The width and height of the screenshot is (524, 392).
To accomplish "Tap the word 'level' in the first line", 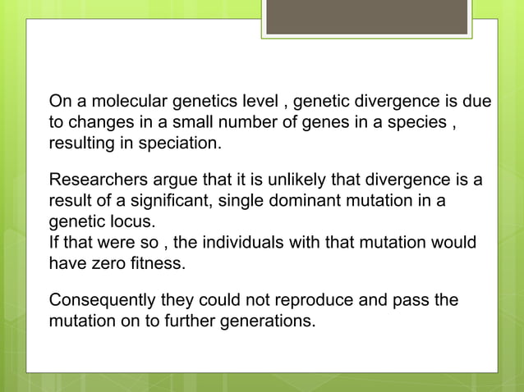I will [260, 103].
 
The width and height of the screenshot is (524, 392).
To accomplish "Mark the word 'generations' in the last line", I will [267, 321].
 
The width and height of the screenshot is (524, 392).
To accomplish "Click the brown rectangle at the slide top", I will [366, 16].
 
